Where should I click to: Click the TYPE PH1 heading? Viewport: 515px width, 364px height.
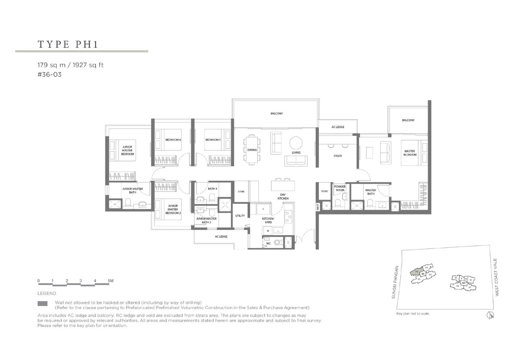pyautogui.click(x=68, y=44)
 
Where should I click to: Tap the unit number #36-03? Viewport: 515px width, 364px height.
pyautogui.click(x=49, y=75)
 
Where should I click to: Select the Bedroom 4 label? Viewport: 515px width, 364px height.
pyautogui.click(x=173, y=140)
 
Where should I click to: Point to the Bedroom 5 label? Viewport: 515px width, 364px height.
pyautogui.click(x=213, y=140)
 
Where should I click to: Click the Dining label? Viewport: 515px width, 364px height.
pyautogui.click(x=252, y=150)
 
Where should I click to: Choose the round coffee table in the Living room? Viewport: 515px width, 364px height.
pyautogui.click(x=296, y=143)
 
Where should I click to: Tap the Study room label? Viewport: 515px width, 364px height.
pyautogui.click(x=338, y=156)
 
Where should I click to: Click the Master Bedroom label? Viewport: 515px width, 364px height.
pyautogui.click(x=409, y=153)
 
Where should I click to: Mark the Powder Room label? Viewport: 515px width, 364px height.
pyautogui.click(x=340, y=188)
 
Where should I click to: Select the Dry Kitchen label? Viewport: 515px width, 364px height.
pyautogui.click(x=283, y=196)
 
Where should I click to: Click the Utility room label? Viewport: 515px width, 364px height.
pyautogui.click(x=240, y=216)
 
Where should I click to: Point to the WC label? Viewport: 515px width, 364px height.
pyautogui.click(x=268, y=243)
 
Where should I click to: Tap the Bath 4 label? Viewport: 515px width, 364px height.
pyautogui.click(x=212, y=189)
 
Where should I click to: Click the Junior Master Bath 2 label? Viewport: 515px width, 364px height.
pyautogui.click(x=206, y=220)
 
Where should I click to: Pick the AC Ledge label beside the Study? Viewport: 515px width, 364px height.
pyautogui.click(x=338, y=127)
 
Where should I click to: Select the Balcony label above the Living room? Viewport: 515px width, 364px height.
pyautogui.click(x=276, y=114)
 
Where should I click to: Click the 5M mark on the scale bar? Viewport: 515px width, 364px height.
pyautogui.click(x=110, y=281)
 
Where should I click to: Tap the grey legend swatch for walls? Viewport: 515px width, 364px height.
pyautogui.click(x=42, y=303)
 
